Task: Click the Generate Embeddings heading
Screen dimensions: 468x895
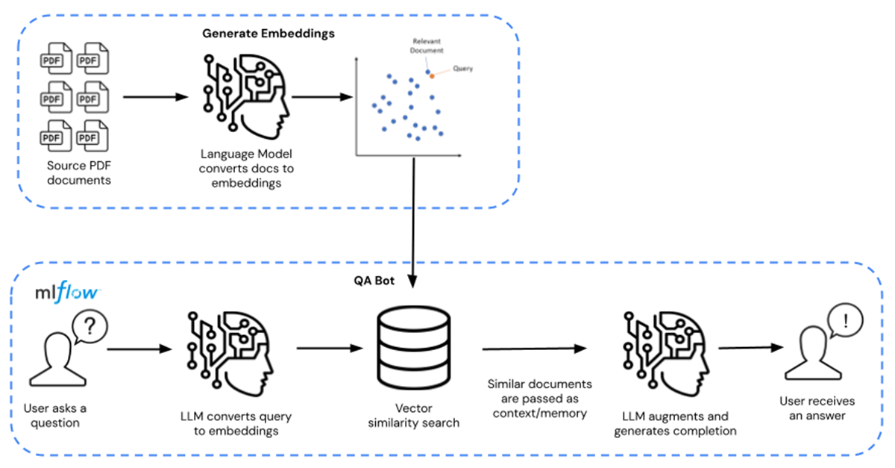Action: [268, 34]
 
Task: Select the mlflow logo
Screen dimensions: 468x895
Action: [66, 292]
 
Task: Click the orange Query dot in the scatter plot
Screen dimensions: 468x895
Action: [432, 76]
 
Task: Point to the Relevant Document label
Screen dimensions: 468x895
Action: [427, 46]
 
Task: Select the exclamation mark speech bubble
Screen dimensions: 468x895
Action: [846, 322]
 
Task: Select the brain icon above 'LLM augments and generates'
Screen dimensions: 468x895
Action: [665, 349]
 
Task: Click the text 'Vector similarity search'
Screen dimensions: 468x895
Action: [414, 416]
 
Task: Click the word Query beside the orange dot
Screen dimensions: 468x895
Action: [463, 69]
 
